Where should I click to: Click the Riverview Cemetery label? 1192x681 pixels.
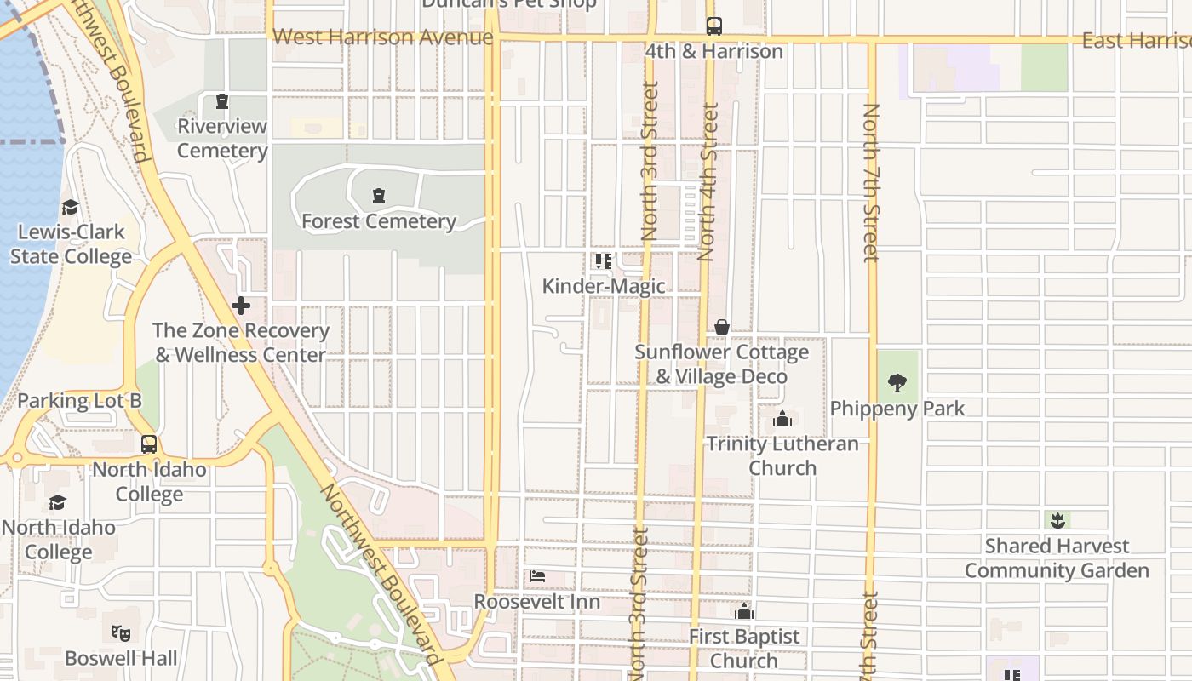[x=222, y=139]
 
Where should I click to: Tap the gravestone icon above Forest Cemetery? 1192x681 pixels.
[x=379, y=197]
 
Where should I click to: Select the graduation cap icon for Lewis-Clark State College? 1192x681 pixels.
[x=70, y=208]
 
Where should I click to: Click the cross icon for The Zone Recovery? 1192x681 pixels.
[x=241, y=305]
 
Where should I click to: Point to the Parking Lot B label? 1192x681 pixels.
[x=79, y=401]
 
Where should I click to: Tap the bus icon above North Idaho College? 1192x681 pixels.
[x=149, y=444]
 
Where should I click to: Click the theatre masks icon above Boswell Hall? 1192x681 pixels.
[x=121, y=633]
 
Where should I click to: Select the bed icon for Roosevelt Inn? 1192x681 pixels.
[x=537, y=576]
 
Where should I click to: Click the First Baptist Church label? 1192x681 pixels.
[x=744, y=649]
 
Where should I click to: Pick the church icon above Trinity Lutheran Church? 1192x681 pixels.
[x=782, y=419]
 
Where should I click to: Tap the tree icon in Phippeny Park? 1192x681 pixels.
[x=897, y=383]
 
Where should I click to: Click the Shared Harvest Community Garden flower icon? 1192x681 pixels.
[x=1057, y=519]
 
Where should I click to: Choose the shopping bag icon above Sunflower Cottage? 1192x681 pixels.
[x=722, y=327]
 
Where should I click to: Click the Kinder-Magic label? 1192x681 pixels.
[x=604, y=286]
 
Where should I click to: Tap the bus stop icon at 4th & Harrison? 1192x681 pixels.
[x=713, y=26]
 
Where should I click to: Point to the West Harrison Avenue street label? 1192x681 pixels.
[x=382, y=37]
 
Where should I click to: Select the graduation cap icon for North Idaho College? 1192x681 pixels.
[x=57, y=502]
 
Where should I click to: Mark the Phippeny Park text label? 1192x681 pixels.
[x=897, y=409]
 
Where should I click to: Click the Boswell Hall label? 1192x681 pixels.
[x=121, y=659]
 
